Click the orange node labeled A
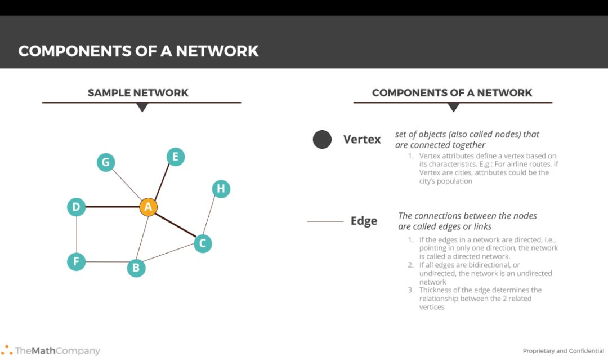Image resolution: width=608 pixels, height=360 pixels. click(148, 207)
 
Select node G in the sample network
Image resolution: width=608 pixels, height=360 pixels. click(105, 163)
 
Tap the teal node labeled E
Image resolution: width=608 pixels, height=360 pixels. click(175, 157)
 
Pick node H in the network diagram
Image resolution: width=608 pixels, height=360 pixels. click(221, 189)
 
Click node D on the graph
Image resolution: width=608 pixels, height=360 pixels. click(76, 207)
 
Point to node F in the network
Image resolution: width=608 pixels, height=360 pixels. click(76, 261)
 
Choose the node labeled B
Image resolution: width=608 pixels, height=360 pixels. click(136, 268)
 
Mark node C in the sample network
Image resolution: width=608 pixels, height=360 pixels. click(203, 243)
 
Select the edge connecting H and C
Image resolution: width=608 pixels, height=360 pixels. click(212, 216)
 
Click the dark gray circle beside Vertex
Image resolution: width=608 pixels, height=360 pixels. click(322, 140)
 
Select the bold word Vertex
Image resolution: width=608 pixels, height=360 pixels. click(362, 139)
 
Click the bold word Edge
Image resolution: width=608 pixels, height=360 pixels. click(364, 221)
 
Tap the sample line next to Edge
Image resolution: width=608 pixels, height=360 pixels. click(325, 221)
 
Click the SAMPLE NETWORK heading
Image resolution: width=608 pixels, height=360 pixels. click(138, 93)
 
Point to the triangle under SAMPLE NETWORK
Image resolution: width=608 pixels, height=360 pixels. click(142, 107)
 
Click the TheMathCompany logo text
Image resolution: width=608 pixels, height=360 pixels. click(57, 351)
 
